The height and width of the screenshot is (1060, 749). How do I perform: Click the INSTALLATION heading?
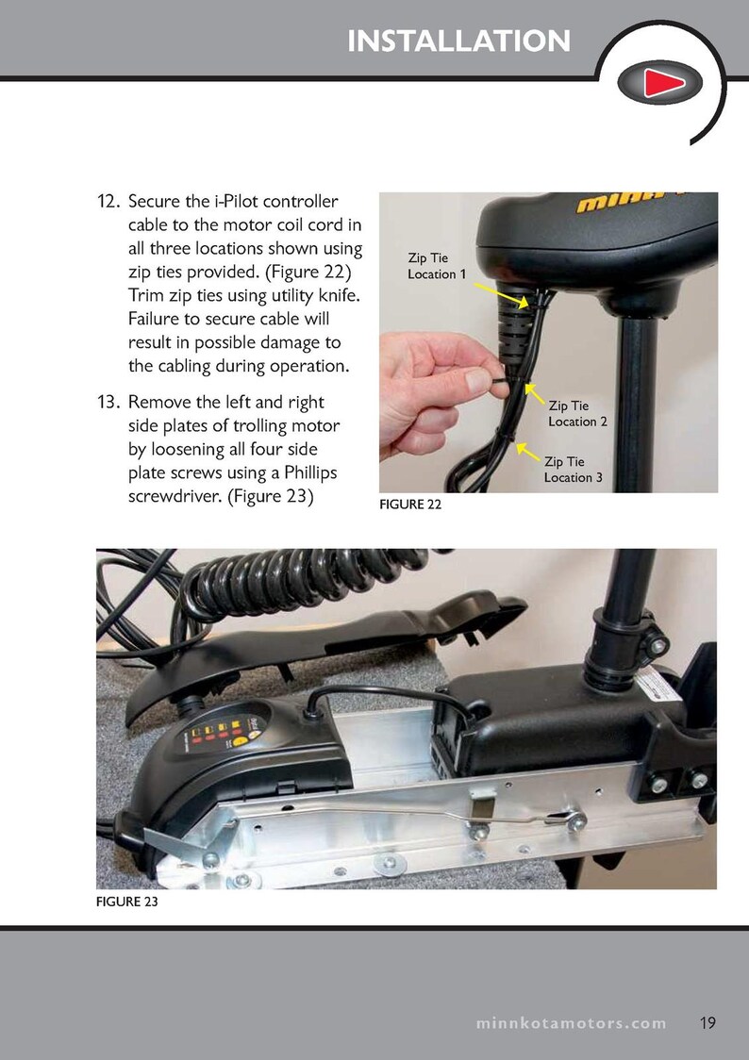point(458,41)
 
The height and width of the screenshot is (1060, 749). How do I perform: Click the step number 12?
point(108,203)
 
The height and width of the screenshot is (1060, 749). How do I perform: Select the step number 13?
point(108,403)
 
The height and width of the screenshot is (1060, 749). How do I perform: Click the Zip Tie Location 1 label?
point(436,265)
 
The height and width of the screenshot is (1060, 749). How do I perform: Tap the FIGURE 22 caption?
point(409,505)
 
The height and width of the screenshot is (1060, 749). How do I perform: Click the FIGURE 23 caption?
point(126,903)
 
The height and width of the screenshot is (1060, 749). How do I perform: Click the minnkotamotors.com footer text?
point(571,1023)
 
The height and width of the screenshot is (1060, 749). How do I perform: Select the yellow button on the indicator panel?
point(241,741)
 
